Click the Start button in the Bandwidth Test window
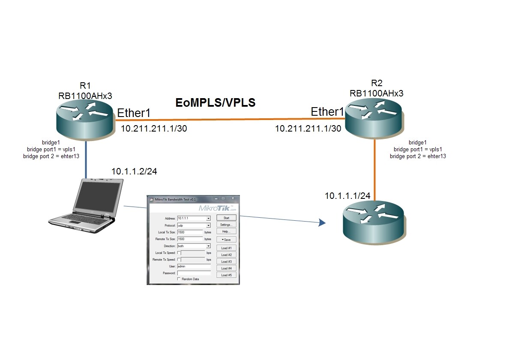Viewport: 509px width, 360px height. tap(226, 218)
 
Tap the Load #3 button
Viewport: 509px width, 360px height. tap(226, 261)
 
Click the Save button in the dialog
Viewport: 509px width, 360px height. tap(226, 240)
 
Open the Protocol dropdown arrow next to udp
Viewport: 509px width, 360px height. tap(209, 225)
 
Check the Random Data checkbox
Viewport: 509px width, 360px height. tap(179, 279)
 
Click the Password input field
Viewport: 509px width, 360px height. tap(194, 273)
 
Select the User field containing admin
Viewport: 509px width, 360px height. tap(194, 266)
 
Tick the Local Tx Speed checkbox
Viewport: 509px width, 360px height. tap(179, 253)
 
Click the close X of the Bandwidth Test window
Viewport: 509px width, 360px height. tap(233, 198)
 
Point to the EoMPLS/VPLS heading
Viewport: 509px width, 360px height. tap(216, 102)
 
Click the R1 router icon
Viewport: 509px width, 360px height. tap(86, 120)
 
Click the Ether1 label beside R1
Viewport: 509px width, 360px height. tap(134, 113)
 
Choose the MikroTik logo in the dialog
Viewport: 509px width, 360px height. tap(217, 208)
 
